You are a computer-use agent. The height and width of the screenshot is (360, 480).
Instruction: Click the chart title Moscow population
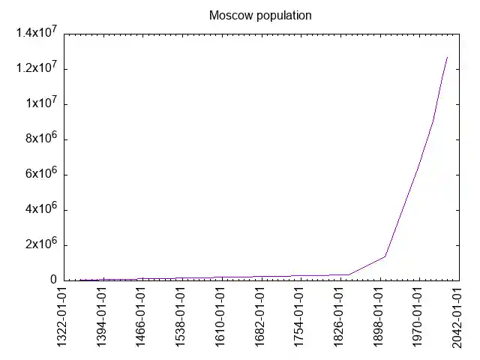tap(260, 15)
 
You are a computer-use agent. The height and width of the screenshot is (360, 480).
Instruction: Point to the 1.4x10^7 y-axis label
tap(37, 34)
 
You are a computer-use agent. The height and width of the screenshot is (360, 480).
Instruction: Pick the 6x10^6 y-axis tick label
tap(42, 175)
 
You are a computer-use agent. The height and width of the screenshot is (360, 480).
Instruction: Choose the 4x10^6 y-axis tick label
tap(42, 210)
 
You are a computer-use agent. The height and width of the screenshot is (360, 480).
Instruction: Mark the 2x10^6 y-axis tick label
tap(42, 245)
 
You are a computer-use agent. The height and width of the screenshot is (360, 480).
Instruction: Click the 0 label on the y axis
tap(54, 280)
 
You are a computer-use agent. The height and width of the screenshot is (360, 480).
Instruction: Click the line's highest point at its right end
tap(447, 57)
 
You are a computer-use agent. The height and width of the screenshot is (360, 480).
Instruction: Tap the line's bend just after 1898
tap(385, 256)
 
